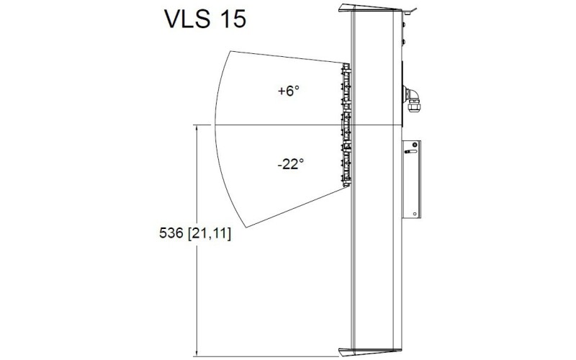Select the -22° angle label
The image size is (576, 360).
[289, 163]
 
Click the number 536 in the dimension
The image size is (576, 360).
[171, 233]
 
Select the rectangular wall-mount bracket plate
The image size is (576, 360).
[413, 179]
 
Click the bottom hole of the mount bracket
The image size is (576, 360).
[415, 213]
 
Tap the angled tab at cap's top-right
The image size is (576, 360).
[411, 11]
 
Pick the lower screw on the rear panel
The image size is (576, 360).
[404, 44]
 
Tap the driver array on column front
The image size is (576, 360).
[346, 122]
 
